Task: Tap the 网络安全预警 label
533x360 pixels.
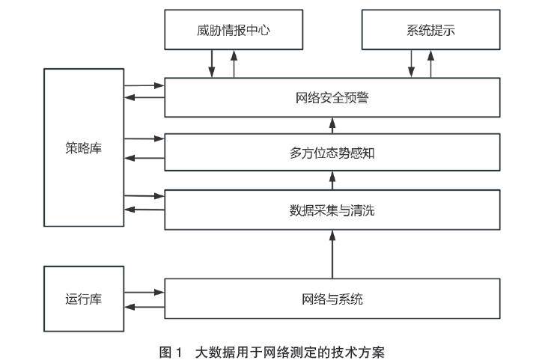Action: (x=332, y=97)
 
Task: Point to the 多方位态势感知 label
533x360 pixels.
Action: (x=332, y=153)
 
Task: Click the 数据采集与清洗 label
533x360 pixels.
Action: (x=332, y=210)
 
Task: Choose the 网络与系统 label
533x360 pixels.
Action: (x=332, y=299)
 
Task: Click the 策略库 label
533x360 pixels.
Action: (x=83, y=147)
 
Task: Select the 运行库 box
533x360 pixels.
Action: (x=83, y=299)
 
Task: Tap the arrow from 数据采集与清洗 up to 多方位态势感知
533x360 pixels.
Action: (x=332, y=180)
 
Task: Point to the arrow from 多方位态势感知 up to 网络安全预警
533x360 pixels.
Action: (x=332, y=125)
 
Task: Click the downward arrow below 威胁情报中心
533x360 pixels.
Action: (x=212, y=63)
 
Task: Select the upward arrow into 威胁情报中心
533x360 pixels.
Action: (x=234, y=63)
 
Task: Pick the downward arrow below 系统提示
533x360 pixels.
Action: (x=410, y=63)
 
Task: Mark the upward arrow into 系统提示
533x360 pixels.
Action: (x=431, y=63)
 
